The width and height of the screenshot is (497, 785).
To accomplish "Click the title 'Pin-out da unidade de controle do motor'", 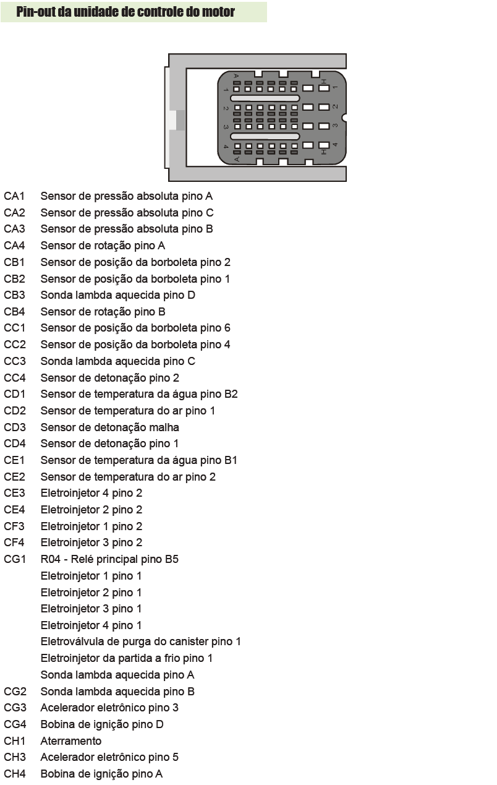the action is coord(125,12).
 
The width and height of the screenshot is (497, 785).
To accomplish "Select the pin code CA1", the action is coord(14,196).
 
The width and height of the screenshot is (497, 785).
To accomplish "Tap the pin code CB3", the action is coord(14,295).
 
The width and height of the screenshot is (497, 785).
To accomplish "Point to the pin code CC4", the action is coord(15,378).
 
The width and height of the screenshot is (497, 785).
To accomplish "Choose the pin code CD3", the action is coord(15,427).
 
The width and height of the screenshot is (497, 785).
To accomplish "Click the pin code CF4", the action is coord(14,543).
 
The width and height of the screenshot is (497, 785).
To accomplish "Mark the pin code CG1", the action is coord(15,559).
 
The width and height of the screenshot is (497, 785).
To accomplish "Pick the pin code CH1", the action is coord(14,741).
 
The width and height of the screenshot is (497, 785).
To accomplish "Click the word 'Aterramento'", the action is coord(71,741).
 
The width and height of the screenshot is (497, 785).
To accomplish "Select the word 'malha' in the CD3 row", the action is coord(164,427).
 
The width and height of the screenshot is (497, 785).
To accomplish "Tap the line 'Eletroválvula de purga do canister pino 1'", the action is coord(141,641).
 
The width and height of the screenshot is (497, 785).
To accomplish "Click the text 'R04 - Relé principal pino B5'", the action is coord(109,559).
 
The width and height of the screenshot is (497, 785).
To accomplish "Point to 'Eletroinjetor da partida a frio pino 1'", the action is coord(127,658).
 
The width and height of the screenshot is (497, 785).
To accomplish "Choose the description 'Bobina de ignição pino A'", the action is coord(101,774).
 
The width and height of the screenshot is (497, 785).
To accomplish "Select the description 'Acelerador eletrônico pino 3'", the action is coord(109,708).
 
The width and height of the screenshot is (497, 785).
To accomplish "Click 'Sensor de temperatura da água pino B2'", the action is coord(139,394).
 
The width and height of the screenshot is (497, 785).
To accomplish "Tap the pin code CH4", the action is coord(15,774).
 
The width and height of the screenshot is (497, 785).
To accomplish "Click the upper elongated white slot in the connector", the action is coord(265,98).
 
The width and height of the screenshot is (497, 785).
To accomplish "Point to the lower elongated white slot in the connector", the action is coord(265,136).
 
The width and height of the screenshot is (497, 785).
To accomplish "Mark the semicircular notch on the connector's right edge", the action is coord(344,118).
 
